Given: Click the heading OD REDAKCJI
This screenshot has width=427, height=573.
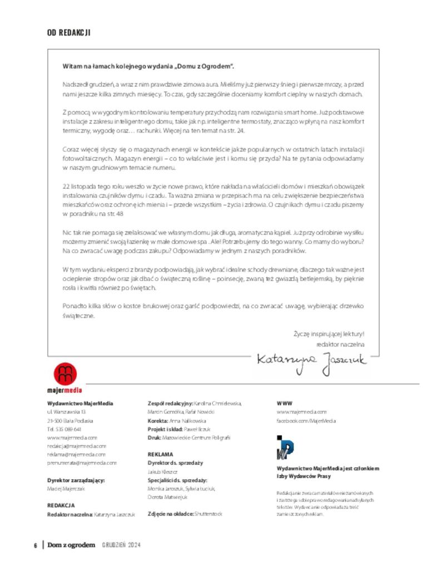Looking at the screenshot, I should click(x=69, y=33).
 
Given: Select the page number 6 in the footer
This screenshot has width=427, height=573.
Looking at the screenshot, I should click(x=35, y=545).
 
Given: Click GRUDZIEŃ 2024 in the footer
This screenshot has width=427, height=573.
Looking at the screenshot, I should click(x=121, y=545).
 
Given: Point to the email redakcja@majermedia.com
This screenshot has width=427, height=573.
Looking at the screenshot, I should click(x=77, y=446).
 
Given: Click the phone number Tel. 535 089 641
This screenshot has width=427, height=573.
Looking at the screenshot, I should click(x=64, y=429).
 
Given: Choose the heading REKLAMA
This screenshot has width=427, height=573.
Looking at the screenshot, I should click(x=160, y=454).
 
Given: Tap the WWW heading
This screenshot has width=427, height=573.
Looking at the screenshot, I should click(x=285, y=403).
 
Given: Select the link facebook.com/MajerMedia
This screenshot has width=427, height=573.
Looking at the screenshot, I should click(x=306, y=421).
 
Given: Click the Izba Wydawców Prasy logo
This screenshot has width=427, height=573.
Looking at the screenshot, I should click(x=285, y=447).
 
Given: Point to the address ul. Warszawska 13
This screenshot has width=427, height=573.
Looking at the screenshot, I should click(x=66, y=412).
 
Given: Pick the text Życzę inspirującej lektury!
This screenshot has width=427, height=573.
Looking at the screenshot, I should click(x=329, y=334).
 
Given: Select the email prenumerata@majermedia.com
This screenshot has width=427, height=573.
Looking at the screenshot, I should click(x=82, y=463).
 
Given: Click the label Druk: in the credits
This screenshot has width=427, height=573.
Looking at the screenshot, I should click(x=154, y=438).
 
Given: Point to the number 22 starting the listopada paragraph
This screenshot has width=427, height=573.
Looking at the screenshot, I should click(x=66, y=186).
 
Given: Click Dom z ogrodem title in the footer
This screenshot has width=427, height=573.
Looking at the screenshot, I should click(x=71, y=545).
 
